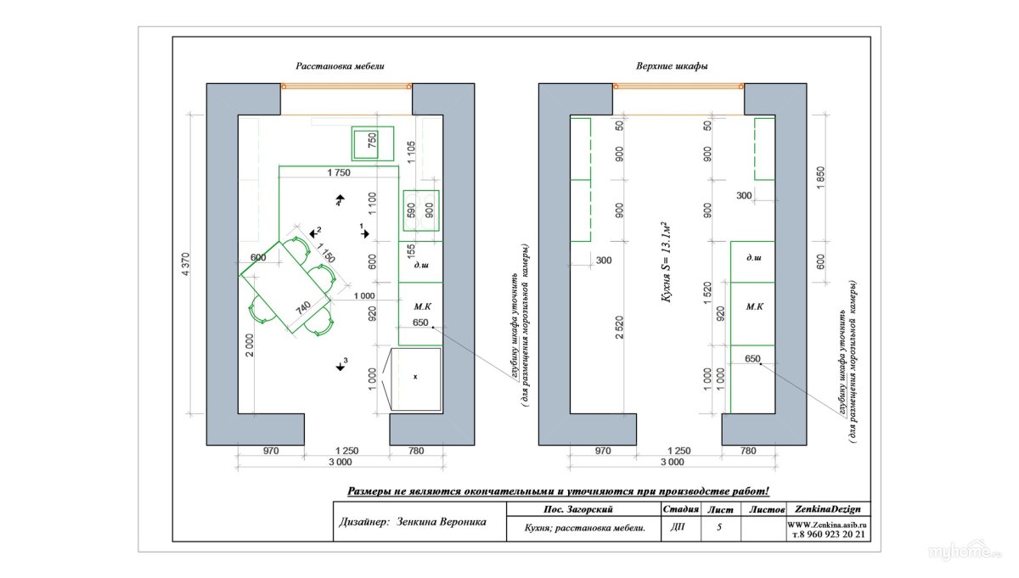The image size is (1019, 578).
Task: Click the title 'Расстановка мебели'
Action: [340, 66]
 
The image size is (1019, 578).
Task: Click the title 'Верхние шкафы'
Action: [672, 66]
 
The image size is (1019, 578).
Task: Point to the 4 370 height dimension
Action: [186, 264]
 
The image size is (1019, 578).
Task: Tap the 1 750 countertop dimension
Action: [339, 172]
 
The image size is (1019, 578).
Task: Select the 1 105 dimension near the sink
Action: [411, 152]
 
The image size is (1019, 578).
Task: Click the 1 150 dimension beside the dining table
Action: [327, 254]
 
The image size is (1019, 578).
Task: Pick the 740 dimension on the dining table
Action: [303, 308]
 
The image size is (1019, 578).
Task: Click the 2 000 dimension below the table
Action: [250, 345]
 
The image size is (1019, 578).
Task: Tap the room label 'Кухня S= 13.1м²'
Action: [666, 262]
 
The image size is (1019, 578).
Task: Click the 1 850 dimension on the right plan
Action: [820, 177]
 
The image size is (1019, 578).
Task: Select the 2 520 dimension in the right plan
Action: [619, 328]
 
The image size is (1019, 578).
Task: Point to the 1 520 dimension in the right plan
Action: [707, 294]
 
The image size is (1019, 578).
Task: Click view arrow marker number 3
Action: [341, 365]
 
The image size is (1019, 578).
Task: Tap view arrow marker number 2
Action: [315, 233]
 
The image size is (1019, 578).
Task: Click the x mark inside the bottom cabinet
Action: [415, 377]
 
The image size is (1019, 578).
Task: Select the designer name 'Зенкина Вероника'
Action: [442, 522]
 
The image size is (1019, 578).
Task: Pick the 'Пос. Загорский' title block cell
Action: [578, 509]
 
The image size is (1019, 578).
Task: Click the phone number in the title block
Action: [829, 535]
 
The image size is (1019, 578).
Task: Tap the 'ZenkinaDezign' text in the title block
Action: [827, 509]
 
